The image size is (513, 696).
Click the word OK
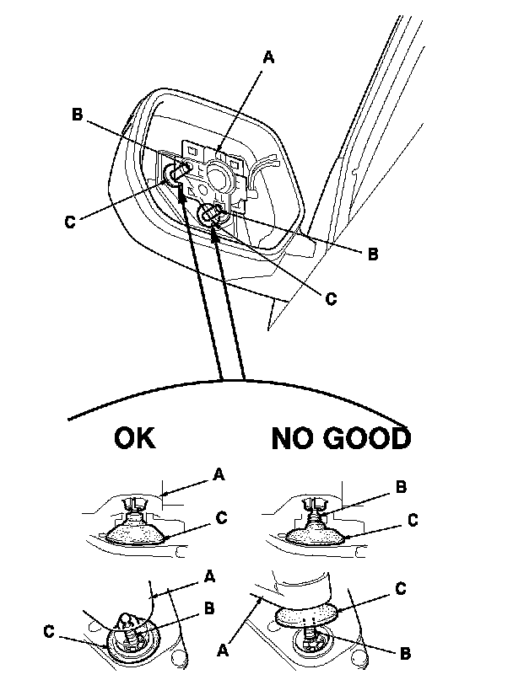(133, 439)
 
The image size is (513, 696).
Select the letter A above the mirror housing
(268, 57)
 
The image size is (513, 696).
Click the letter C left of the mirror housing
(69, 222)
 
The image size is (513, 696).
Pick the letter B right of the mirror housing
(372, 251)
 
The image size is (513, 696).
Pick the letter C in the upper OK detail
(221, 519)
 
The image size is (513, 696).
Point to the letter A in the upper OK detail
(219, 476)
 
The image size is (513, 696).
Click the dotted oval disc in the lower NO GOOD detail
(308, 615)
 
